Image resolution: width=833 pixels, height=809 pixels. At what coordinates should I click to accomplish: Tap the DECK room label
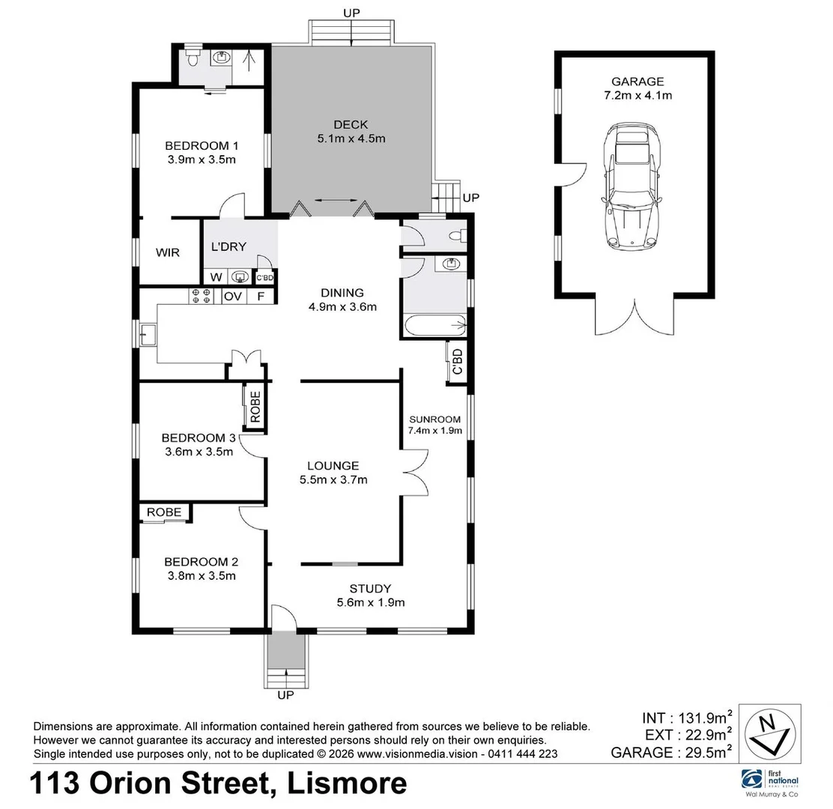coord(351,124)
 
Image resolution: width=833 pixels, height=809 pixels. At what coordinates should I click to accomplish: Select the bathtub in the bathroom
coord(434,327)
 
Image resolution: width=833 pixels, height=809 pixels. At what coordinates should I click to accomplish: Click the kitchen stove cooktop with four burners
coord(201,296)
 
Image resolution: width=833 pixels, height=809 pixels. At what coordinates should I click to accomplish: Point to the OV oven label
coord(233,297)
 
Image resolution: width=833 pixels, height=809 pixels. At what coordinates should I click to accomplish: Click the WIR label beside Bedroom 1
coord(168,252)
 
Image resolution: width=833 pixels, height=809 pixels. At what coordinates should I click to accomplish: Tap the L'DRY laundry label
coord(228,246)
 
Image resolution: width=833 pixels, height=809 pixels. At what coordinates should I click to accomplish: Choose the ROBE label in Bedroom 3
coord(255,407)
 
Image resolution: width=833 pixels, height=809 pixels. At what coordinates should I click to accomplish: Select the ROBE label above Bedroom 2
coord(164,512)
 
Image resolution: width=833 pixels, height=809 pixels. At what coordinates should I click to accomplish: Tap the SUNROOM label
coord(434,419)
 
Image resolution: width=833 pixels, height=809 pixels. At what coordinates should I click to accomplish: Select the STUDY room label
coord(370,589)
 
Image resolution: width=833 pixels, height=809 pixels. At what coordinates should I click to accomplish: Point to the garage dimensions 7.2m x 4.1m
coord(637,95)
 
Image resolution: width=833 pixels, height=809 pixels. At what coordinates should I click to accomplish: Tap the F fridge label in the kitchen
coord(261,297)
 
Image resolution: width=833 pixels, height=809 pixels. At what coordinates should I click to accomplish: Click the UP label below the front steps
coord(285,695)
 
